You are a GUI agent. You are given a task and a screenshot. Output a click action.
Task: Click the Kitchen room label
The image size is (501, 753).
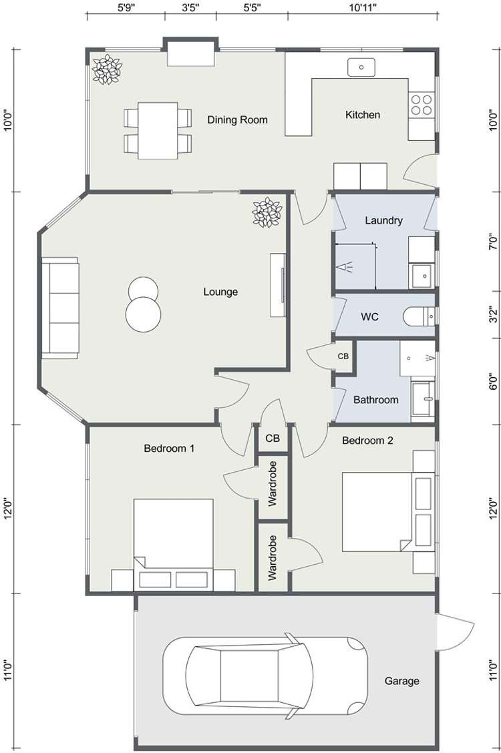pos(362,115)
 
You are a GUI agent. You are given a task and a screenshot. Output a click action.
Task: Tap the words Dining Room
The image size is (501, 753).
pos(237,120)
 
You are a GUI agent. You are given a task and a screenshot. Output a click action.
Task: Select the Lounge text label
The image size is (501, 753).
pos(220,292)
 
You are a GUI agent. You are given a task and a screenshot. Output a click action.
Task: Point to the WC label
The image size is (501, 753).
pos(370,316)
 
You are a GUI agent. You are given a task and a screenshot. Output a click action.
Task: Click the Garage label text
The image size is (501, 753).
pos(401,681)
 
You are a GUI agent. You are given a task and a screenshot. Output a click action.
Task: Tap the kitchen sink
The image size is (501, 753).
pos(361,67)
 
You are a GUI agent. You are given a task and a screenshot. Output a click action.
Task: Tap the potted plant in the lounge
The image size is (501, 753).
pos(267,212)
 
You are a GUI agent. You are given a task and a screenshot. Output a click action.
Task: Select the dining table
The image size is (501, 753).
pos(158,130)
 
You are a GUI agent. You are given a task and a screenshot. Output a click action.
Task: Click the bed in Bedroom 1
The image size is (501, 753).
pos(174,541)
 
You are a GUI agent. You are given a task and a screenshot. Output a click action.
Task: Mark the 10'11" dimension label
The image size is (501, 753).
pos(363,8)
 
